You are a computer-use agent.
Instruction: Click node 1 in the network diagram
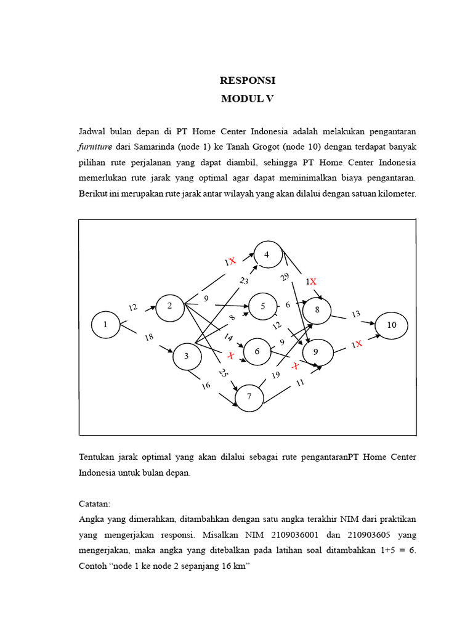pos(105,325)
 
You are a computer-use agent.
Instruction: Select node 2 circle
pos(170,307)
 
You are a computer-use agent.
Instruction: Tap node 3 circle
pos(186,356)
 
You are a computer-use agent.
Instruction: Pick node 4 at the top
pos(267,254)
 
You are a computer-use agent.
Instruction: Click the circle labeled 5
pos(263,306)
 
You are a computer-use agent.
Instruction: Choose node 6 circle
pos(258,351)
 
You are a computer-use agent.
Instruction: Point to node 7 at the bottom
pos(249,397)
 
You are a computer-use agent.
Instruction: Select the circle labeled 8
pos(317,310)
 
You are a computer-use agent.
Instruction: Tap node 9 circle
pos(317,352)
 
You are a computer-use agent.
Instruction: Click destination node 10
pos(392,325)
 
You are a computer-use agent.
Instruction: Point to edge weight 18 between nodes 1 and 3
pos(148,337)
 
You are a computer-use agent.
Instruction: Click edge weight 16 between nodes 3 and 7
pos(206,386)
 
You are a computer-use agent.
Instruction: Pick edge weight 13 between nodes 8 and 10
pos(356,314)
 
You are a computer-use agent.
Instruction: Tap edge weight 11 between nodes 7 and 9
pos(301,383)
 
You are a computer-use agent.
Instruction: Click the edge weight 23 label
pos(244,282)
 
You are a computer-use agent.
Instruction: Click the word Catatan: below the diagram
pos(94,503)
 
